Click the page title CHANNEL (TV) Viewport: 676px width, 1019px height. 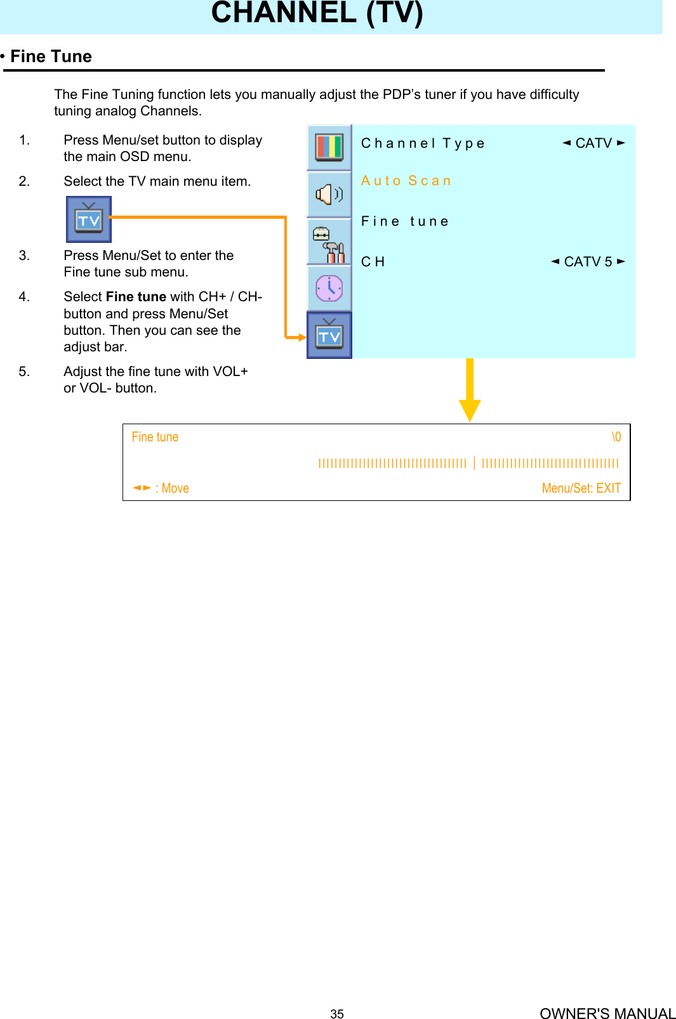pos(317,13)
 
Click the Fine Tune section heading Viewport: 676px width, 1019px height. pos(51,56)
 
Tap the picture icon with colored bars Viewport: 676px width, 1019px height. pos(329,147)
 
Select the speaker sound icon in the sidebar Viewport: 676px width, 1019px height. pos(329,194)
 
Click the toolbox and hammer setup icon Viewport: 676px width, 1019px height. pos(329,243)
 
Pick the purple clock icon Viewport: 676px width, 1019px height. pos(329,289)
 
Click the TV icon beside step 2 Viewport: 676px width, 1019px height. pos(89,219)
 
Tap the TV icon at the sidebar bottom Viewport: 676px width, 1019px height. pos(329,335)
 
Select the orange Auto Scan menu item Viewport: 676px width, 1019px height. pos(406,181)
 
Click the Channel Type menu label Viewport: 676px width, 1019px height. pos(423,143)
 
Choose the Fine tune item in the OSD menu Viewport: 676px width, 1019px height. pos(404,221)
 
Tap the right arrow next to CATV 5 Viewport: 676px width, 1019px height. pos(621,261)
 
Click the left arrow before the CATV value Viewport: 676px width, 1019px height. pos(566,143)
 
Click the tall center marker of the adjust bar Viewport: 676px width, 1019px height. pos(474,463)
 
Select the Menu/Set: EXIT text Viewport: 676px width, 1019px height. pos(581,488)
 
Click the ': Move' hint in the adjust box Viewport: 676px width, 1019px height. pos(172,488)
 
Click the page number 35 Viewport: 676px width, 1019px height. pos(337,1014)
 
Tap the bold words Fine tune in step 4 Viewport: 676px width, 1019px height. pos(136,297)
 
